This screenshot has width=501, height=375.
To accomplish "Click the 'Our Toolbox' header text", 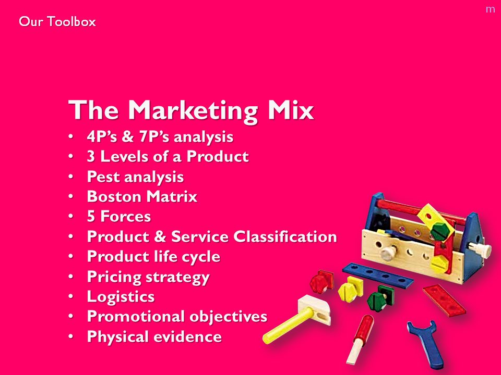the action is click(57, 22).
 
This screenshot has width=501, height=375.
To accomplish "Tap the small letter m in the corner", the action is click(490, 9).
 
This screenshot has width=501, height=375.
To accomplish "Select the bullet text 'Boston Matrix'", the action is click(142, 196).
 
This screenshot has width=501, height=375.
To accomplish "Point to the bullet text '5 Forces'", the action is click(119, 217).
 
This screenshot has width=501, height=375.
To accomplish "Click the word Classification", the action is click(285, 236).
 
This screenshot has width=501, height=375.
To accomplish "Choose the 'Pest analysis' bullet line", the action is click(136, 177).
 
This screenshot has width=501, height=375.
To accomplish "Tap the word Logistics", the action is click(121, 297).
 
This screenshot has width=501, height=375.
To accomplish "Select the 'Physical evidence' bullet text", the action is click(154, 337).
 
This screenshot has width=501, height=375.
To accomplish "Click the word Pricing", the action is click(114, 277).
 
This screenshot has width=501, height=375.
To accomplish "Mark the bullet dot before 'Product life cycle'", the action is click(70, 257).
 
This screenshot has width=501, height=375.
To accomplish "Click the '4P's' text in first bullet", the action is click(102, 137).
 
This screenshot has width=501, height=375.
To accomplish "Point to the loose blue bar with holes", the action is click(378, 276).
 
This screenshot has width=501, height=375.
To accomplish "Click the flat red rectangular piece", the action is click(444, 301).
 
